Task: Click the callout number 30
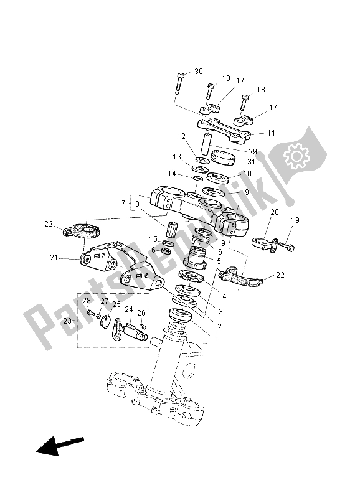click(x=199, y=72)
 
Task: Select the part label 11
click(x=271, y=133)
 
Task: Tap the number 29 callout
click(x=252, y=151)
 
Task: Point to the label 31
click(x=252, y=163)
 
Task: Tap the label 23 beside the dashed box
click(x=67, y=322)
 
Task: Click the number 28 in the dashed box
click(x=87, y=301)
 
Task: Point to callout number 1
click(x=216, y=339)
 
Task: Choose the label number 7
click(x=123, y=204)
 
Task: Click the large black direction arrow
click(x=60, y=446)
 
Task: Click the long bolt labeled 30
click(x=179, y=82)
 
